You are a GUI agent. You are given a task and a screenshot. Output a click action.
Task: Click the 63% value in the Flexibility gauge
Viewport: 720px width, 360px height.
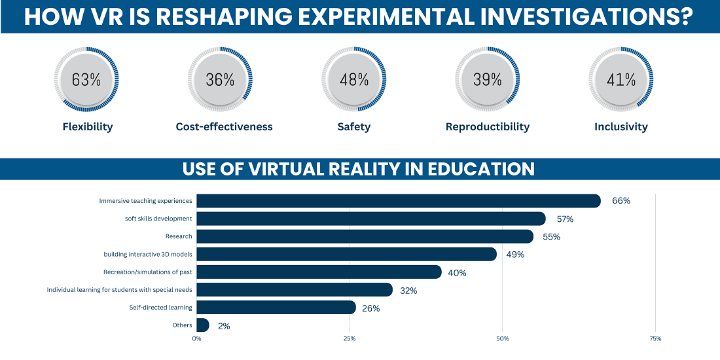86,80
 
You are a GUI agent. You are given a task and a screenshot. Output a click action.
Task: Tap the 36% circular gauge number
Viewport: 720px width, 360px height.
220,80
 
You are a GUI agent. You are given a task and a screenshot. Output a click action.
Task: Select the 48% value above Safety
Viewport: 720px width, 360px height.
354,80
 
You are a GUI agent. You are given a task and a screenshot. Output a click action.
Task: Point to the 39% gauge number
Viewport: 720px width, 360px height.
487,80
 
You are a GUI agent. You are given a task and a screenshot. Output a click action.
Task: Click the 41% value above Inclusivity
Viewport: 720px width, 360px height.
621,80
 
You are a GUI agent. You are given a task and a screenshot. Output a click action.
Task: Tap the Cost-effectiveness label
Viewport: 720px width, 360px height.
224,127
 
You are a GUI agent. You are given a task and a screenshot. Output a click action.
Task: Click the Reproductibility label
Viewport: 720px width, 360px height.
488,127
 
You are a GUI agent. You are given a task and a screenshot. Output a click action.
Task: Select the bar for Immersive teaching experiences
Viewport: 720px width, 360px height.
398,201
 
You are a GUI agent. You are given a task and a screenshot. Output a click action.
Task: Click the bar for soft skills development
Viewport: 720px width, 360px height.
370,219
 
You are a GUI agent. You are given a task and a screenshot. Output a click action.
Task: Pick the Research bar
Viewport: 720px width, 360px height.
365,236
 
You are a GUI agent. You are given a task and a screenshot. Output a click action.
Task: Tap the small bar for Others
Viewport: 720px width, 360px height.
202,325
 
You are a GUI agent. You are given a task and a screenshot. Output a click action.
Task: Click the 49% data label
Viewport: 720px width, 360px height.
515,255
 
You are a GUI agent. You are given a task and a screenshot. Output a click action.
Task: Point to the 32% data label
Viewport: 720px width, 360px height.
408,290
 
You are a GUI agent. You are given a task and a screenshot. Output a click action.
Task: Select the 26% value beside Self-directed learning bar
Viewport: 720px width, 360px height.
371,308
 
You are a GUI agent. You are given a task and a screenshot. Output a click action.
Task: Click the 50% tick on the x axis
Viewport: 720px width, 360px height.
502,338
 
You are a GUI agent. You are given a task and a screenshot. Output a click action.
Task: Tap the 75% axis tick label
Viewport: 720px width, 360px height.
655,338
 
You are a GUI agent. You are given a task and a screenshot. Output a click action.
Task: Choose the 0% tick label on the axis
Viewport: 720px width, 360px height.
196,338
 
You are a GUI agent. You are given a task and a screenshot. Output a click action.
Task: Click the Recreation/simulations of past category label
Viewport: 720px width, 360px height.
147,272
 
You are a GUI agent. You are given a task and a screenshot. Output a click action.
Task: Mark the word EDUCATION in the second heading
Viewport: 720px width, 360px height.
481,169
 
